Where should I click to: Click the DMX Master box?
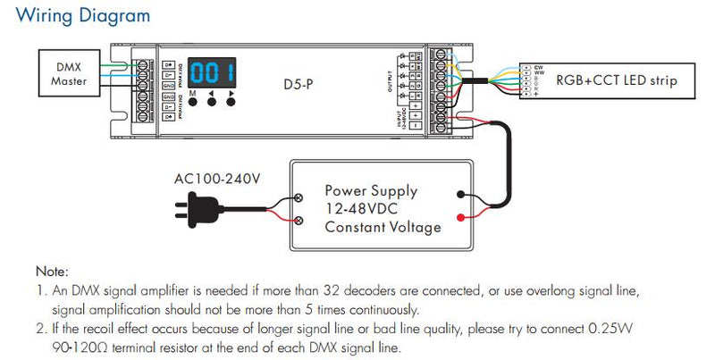(x=63, y=75)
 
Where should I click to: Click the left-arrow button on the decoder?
(x=211, y=99)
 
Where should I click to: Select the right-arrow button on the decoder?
(x=231, y=99)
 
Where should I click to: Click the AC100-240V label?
(x=218, y=179)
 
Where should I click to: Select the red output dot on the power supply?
(x=459, y=217)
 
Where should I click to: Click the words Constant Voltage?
(x=383, y=227)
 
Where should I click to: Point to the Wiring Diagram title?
(x=83, y=16)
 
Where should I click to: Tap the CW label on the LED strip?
(x=540, y=66)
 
